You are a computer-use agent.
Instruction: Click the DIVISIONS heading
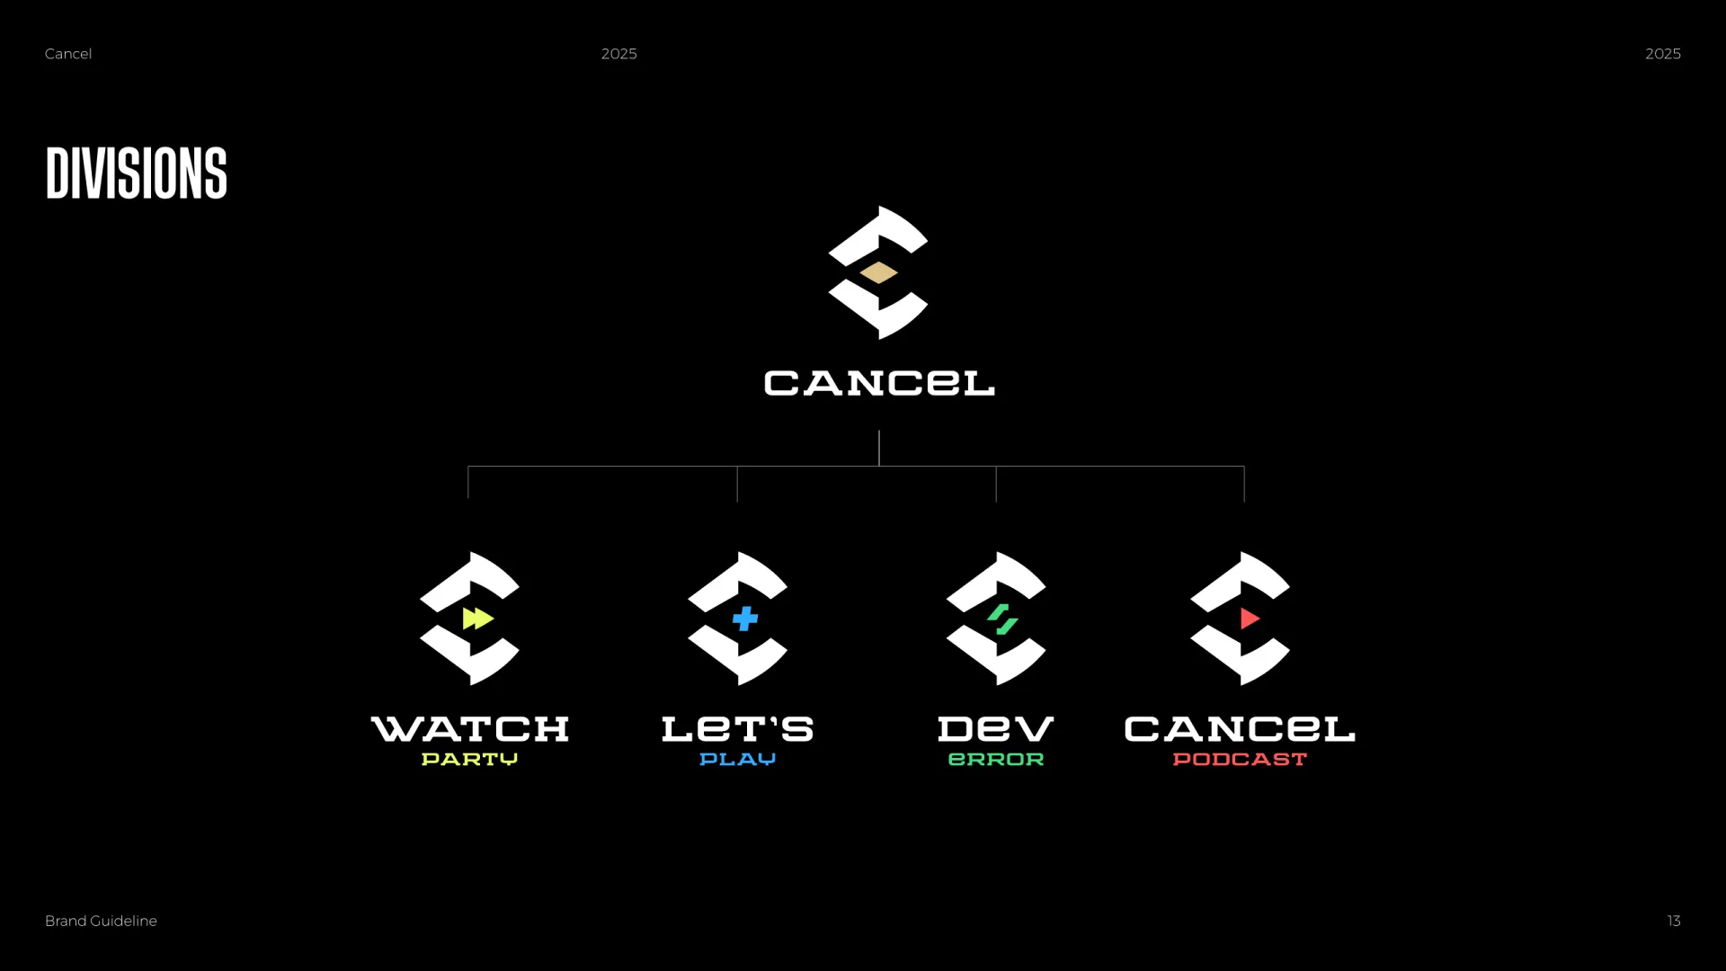click(137, 173)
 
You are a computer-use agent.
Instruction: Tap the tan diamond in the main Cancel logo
click(878, 272)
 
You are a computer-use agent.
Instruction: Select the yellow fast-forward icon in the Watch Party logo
click(478, 619)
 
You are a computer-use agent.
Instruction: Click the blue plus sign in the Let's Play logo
click(745, 619)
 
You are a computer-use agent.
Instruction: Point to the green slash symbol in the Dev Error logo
click(1002, 619)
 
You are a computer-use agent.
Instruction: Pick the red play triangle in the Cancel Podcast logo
click(1250, 619)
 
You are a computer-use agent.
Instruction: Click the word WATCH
click(470, 729)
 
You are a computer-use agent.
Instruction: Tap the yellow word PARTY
click(469, 760)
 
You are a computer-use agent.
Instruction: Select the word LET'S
click(737, 729)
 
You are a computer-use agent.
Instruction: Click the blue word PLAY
click(737, 760)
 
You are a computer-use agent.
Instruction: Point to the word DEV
click(996, 729)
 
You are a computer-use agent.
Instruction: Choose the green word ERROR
click(996, 760)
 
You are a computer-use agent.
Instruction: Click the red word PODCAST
click(1240, 760)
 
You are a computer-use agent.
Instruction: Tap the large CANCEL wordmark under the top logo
click(879, 383)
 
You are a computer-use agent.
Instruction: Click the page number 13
click(1674, 921)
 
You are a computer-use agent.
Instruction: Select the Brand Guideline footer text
click(101, 921)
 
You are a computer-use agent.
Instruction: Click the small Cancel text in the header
click(68, 54)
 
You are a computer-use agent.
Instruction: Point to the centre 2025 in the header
click(619, 54)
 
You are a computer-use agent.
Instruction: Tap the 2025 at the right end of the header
click(1663, 54)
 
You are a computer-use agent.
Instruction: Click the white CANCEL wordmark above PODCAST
click(1240, 729)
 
